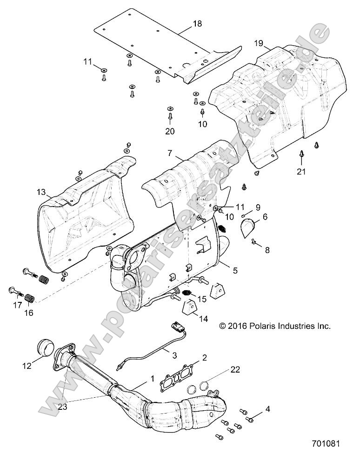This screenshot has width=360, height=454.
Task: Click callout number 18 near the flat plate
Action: click(197, 24)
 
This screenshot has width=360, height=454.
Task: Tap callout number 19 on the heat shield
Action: click(259, 44)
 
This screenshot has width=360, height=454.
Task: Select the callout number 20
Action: click(170, 132)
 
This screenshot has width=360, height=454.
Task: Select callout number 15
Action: click(202, 298)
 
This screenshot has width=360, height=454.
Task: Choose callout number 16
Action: click(29, 313)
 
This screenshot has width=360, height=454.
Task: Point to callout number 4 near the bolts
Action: click(267, 409)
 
